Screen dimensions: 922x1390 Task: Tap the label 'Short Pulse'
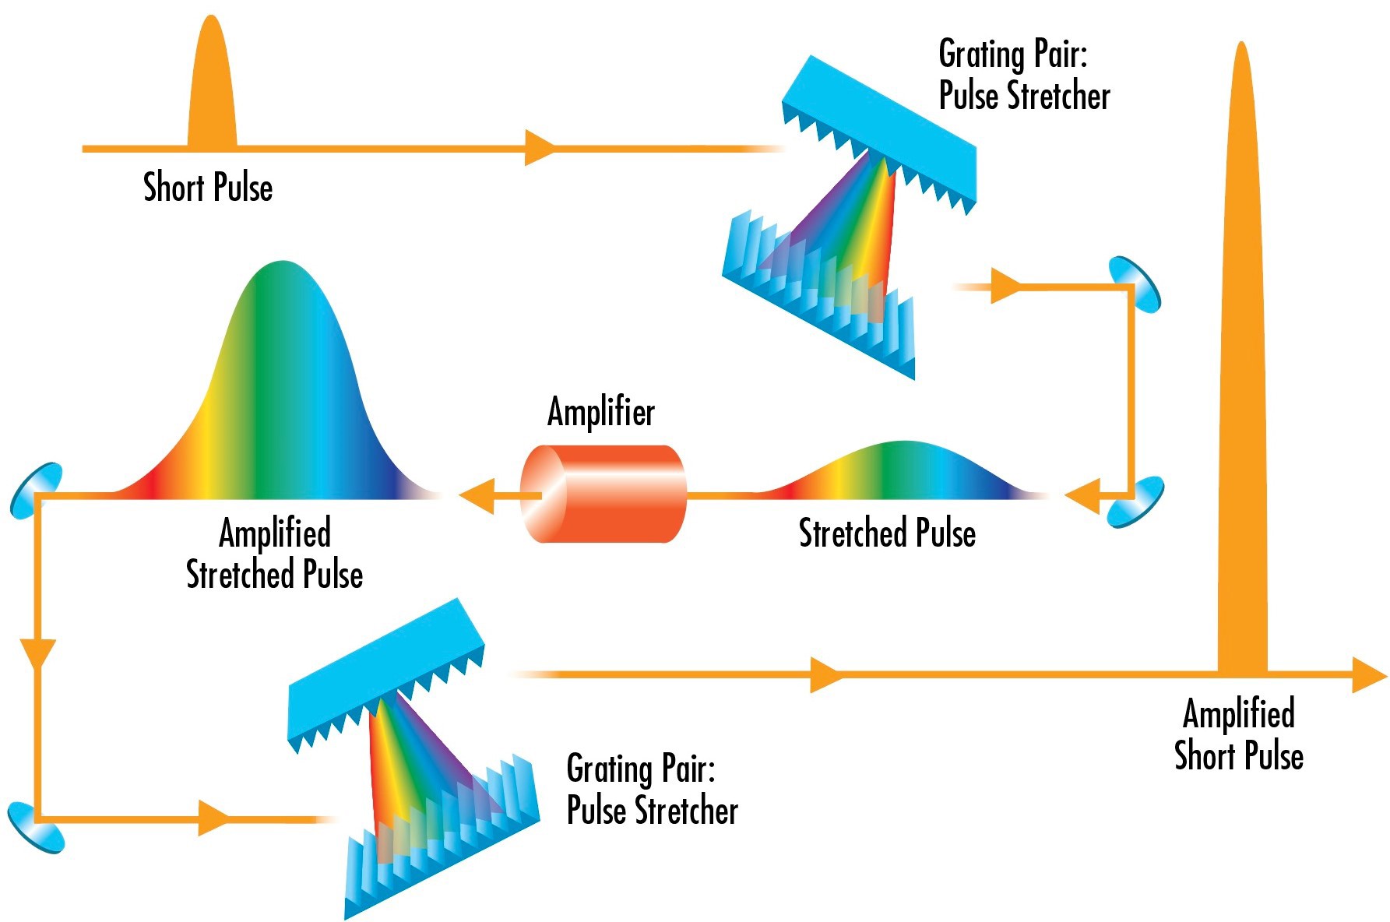pos(208,188)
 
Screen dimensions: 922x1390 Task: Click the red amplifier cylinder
pos(604,494)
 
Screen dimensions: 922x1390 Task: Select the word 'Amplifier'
pos(601,412)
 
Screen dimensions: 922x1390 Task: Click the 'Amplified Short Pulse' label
pos(1239,734)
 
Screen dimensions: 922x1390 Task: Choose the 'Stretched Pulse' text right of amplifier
pos(887,533)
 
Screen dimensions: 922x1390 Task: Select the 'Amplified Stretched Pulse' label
pos(274,554)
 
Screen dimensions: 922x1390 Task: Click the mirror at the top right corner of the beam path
pos(1135,284)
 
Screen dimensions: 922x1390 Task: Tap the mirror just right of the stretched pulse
pos(1135,501)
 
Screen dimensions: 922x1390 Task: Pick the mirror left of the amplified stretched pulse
pos(36,491)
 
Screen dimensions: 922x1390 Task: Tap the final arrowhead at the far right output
pos(1368,674)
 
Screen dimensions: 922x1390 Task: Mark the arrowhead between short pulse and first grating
pos(539,148)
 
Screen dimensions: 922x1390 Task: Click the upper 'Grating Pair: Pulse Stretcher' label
pos(1024,76)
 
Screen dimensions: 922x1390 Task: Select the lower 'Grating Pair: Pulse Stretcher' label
pos(652,789)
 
